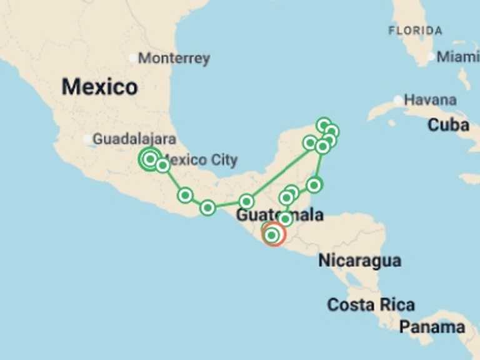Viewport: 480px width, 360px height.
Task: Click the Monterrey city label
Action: (174, 59)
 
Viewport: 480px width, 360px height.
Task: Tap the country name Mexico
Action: (99, 87)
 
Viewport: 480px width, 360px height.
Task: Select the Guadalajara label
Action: (134, 139)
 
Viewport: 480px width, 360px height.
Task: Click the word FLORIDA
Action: (415, 30)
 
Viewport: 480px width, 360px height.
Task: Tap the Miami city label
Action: (458, 57)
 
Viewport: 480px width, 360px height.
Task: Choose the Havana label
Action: (430, 100)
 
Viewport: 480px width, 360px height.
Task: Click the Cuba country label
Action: (448, 125)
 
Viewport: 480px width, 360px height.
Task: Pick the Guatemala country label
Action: (279, 216)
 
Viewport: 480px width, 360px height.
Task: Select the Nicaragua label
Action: (359, 261)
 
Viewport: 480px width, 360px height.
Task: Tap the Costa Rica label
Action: (371, 305)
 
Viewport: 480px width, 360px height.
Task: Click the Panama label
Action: (432, 327)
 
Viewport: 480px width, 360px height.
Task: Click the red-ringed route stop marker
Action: (272, 235)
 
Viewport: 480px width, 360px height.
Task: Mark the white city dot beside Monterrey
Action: (132, 58)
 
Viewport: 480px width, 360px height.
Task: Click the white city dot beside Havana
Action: (398, 100)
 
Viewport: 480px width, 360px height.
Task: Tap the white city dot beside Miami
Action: (431, 57)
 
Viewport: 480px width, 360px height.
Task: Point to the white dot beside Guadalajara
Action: (87, 139)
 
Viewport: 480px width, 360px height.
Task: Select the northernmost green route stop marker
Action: (323, 125)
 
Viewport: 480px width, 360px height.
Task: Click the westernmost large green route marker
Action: (149, 159)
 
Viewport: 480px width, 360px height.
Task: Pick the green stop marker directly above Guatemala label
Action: (286, 197)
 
